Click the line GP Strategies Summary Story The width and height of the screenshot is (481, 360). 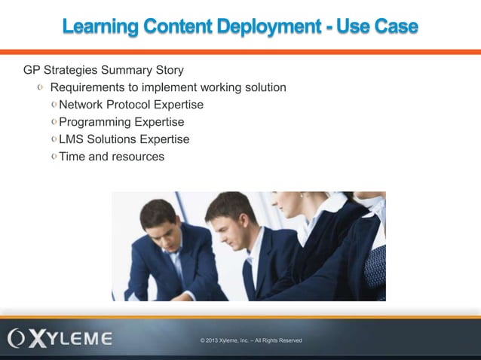(x=103, y=71)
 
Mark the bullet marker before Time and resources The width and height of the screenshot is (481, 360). (x=54, y=157)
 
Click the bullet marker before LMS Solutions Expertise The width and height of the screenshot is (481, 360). (x=54, y=139)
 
